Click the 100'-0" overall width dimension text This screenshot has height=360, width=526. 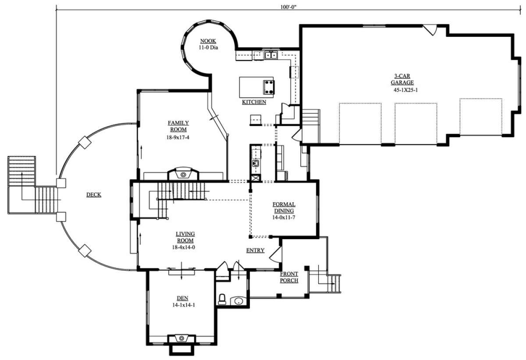[288, 7]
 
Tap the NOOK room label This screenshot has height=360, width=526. [208, 41]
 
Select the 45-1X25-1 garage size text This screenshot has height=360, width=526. [406, 90]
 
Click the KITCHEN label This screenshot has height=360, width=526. [254, 102]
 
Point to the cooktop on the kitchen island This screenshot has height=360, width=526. [269, 87]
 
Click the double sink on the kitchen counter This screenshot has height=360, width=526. [271, 55]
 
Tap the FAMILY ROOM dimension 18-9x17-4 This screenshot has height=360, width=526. [178, 137]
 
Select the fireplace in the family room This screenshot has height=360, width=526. [183, 174]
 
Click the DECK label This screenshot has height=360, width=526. [94, 194]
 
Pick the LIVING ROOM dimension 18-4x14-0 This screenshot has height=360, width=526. [183, 247]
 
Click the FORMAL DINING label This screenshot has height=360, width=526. [284, 208]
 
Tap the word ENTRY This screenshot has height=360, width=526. [255, 251]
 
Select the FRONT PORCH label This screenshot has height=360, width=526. [289, 277]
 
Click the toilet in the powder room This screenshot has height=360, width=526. [222, 300]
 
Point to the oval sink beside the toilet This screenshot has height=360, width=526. [238, 301]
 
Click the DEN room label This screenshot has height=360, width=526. [182, 298]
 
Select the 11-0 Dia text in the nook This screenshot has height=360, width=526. [208, 47]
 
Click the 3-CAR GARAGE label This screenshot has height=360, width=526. [402, 79]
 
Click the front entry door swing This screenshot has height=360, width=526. [276, 254]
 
